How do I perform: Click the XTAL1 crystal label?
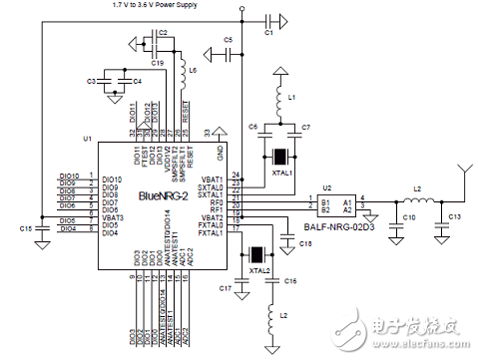pyautogui.click(x=281, y=173)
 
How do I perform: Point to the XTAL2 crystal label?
pyautogui.click(x=259, y=270)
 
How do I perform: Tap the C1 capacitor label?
pyautogui.click(x=267, y=33)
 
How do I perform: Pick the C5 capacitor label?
pyautogui.click(x=229, y=39)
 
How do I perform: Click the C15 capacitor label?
pyautogui.click(x=24, y=228)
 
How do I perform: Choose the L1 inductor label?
pyautogui.click(x=291, y=98)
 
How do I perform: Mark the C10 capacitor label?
pyautogui.click(x=408, y=216)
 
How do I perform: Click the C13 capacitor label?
pyautogui.click(x=454, y=216)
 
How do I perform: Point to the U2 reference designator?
pyautogui.click(x=325, y=186)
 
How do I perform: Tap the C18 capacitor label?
pyautogui.click(x=304, y=243)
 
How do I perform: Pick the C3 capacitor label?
pyautogui.click(x=92, y=81)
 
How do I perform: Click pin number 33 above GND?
pyautogui.click(x=207, y=132)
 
